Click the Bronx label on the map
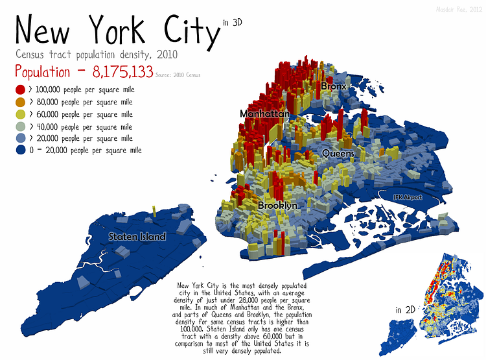pos(334,86)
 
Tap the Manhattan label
pos(264,114)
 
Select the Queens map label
pos(338,154)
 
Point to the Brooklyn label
pos(277,205)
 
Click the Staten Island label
pos(137,237)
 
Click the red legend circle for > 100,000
pos(20,90)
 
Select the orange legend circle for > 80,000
pos(20,102)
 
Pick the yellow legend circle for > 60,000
pos(20,114)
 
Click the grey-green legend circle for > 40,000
pos(20,126)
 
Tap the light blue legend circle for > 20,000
pos(20,138)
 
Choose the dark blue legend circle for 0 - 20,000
pos(20,150)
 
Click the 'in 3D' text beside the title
pos(233,23)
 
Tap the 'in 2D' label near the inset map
pos(405,310)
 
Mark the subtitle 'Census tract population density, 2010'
pos(97,53)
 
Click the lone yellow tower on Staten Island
pos(154,211)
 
